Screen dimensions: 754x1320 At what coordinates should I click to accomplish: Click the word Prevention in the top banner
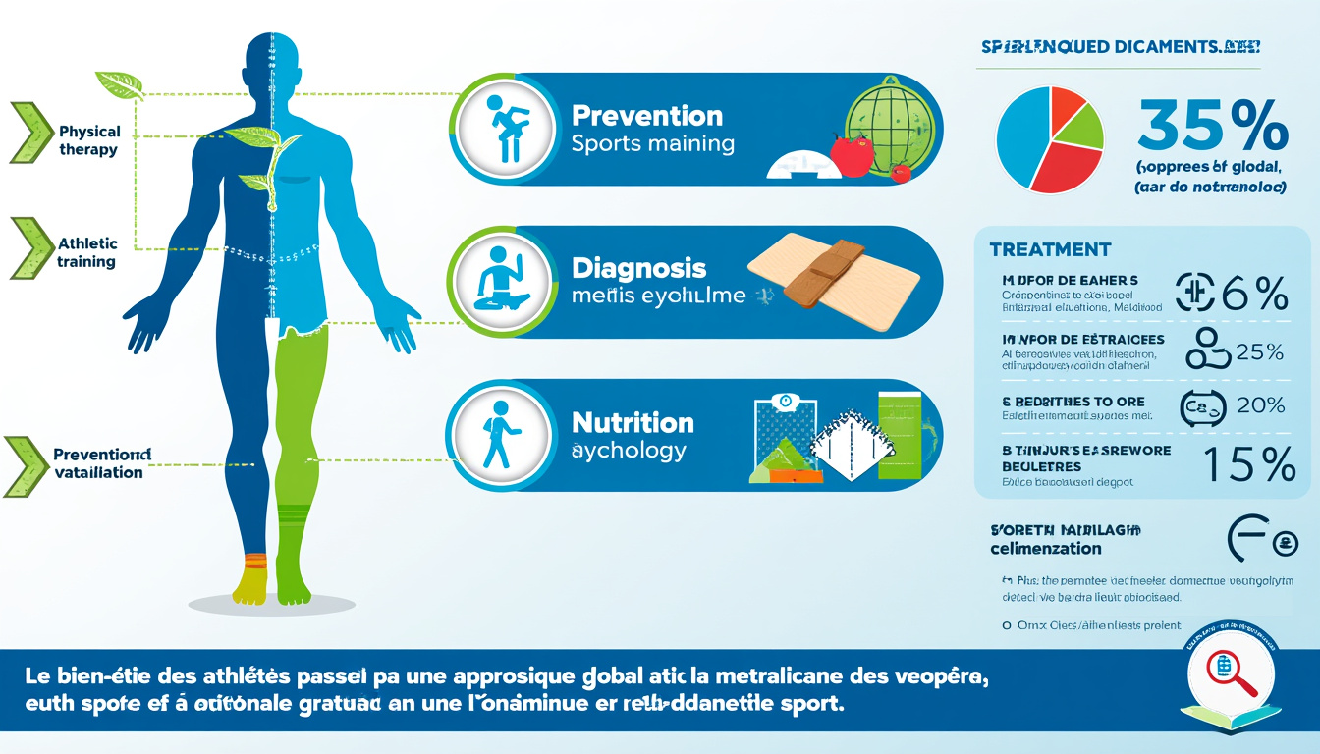[x=646, y=116]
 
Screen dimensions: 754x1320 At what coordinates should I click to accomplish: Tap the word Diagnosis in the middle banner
[x=638, y=268]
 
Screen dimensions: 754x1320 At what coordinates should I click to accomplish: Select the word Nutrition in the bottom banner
[x=632, y=423]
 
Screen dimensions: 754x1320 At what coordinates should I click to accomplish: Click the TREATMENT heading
[x=1050, y=250]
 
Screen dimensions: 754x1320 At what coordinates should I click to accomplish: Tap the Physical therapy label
[x=88, y=140]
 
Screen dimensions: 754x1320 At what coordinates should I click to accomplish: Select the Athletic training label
[x=86, y=252]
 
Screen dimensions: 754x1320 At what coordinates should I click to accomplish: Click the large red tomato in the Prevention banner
[x=851, y=155]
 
